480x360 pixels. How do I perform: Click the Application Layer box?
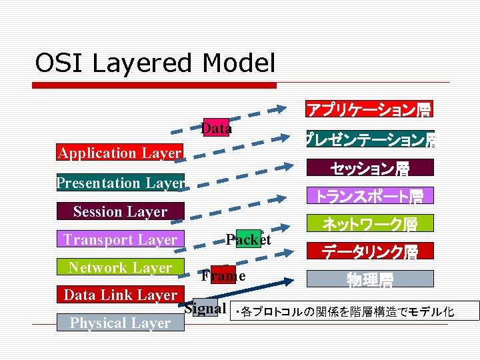119,153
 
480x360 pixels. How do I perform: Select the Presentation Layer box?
121,183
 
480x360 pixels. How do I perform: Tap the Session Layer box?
120,211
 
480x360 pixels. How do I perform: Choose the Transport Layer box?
120,239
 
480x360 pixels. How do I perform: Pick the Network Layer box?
120,267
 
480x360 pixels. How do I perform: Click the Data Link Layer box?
120,295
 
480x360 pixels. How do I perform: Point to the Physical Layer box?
120,323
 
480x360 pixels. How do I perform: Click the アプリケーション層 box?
369,109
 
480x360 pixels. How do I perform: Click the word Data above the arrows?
216,128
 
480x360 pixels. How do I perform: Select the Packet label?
248,239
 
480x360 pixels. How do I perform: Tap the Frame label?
223,275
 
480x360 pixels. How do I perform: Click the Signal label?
203,308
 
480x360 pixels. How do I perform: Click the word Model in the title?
239,63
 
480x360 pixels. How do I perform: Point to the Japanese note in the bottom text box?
353,311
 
